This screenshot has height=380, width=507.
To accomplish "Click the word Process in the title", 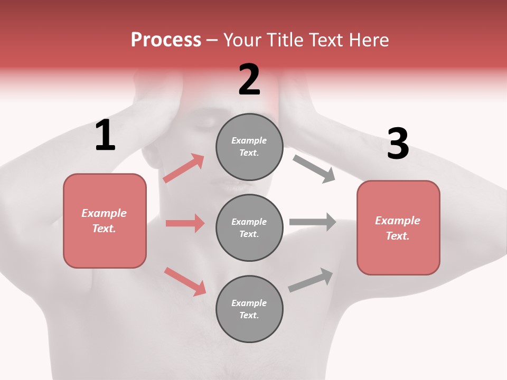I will pyautogui.click(x=166, y=40).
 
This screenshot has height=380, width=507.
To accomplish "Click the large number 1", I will pyautogui.click(x=105, y=136).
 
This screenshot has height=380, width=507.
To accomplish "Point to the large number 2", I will pyautogui.click(x=249, y=80).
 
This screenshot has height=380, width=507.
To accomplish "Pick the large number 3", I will pyautogui.click(x=398, y=144).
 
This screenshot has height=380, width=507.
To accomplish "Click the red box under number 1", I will pyautogui.click(x=105, y=221).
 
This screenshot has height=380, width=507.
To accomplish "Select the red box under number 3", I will pyautogui.click(x=398, y=228).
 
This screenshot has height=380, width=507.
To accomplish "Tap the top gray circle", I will pyautogui.click(x=249, y=147).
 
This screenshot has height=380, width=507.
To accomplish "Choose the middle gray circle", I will pyautogui.click(x=249, y=227).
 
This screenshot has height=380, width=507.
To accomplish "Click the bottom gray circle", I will pyautogui.click(x=249, y=309).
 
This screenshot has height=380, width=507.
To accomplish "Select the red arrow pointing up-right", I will pyautogui.click(x=184, y=168).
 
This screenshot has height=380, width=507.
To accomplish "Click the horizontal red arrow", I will pyautogui.click(x=185, y=223).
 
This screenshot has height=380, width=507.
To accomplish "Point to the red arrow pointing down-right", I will pyautogui.click(x=185, y=281).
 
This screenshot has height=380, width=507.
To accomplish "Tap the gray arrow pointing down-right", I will pyautogui.click(x=314, y=168).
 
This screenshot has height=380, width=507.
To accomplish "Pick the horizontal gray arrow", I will pyautogui.click(x=313, y=222).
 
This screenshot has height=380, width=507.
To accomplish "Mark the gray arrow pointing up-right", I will pyautogui.click(x=311, y=280).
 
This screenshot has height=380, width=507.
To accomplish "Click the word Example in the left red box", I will pyautogui.click(x=104, y=213).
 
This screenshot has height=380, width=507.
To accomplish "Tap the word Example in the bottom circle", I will pyautogui.click(x=249, y=303).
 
